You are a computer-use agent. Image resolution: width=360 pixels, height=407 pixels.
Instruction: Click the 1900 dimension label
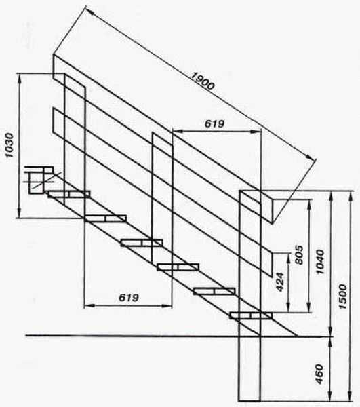(203, 81)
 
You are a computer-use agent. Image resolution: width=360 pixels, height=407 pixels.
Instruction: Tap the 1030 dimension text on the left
(9, 145)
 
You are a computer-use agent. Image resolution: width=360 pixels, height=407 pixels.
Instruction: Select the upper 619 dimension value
(214, 124)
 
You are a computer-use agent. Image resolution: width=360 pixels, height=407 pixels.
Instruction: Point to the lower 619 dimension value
(129, 298)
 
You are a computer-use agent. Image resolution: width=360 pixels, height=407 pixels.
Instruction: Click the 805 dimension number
(299, 254)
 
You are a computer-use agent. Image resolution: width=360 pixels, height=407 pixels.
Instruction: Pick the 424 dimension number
(280, 282)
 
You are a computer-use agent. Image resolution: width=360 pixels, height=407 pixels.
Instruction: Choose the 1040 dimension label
(320, 262)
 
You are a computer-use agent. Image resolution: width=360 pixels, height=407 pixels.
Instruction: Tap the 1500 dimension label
(342, 296)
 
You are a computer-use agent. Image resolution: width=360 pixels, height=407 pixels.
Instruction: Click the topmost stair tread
(68, 194)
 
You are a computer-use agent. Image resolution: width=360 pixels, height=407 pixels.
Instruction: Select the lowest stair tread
(251, 315)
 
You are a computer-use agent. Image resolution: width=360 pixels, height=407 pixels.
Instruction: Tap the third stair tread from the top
(142, 243)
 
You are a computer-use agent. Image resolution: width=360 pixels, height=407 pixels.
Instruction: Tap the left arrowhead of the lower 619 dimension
(89, 306)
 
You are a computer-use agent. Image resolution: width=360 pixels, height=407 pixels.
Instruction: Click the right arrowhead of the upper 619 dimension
(256, 132)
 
